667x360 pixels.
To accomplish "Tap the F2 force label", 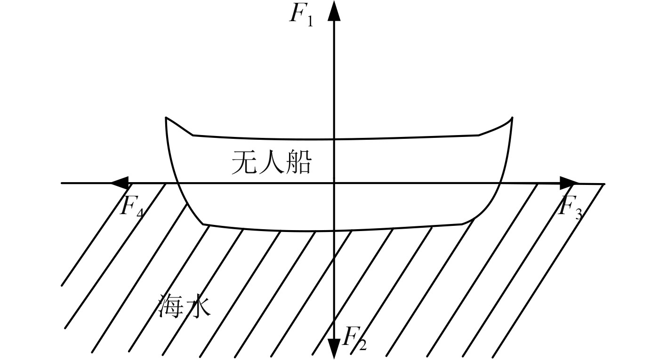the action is tap(354, 339).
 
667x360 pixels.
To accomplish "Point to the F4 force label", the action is tap(131, 207).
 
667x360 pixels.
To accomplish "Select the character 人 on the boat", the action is tap(271, 164).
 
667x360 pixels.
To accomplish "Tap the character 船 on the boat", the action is tap(297, 164).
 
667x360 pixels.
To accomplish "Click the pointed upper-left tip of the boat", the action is tap(166, 118).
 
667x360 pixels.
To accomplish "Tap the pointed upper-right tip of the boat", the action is tap(512, 118).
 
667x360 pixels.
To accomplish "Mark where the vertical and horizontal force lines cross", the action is tap(334, 183).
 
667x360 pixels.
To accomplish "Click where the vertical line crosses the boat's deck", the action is tap(334, 140).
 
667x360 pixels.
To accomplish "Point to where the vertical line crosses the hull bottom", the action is tap(334, 231).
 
